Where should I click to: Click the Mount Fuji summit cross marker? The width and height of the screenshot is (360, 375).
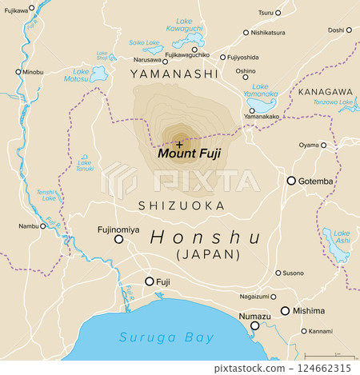pos(179,143)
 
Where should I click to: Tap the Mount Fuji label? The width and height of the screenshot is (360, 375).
pos(189,154)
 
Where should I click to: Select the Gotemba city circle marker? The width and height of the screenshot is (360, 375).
pos(291,181)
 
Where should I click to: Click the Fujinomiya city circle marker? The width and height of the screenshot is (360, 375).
pos(119,238)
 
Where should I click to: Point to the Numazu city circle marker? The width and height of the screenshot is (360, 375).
pos(255,325)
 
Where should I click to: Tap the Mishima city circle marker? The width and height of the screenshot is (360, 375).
pos(285,311)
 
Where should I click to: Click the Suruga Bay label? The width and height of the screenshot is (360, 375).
pos(167,337)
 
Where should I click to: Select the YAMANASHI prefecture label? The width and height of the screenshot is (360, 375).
pos(174,74)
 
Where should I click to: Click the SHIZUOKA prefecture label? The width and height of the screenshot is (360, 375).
pos(180,205)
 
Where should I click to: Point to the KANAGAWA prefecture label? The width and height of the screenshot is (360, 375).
pos(325,92)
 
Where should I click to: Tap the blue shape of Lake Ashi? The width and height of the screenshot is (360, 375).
pos(337,247)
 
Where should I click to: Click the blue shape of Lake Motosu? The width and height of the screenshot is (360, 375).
pos(99,74)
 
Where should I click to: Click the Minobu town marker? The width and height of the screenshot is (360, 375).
pos(18,72)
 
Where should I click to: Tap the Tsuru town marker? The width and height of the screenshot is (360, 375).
pos(278,13)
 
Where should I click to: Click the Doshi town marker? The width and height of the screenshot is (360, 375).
pos(349,30)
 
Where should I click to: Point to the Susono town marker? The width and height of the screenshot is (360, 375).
pos(278,273)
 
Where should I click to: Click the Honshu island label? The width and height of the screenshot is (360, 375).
pos(206,237)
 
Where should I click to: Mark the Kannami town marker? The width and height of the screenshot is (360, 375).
pos(304,330)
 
